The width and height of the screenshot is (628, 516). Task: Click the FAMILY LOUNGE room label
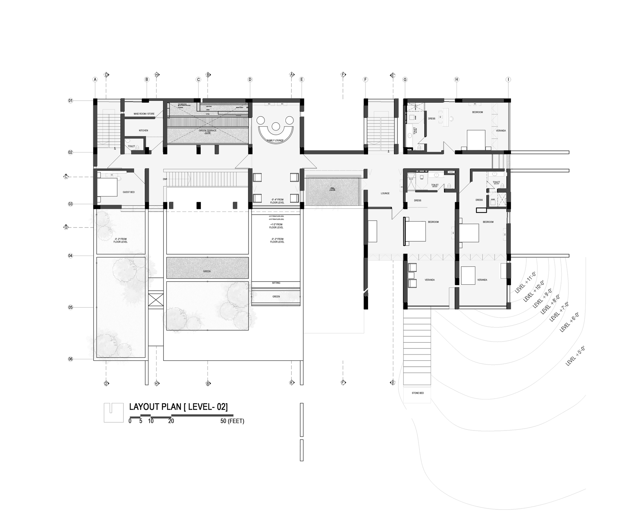pyautogui.click(x=275, y=140)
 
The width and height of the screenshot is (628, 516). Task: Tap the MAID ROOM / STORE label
pyautogui.click(x=144, y=114)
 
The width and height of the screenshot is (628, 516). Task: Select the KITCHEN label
pyautogui.click(x=143, y=130)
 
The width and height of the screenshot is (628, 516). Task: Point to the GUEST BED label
pyautogui.click(x=128, y=192)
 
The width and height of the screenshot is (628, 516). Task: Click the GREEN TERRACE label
pyautogui.click(x=208, y=130)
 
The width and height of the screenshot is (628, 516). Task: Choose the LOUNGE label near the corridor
pyautogui.click(x=385, y=193)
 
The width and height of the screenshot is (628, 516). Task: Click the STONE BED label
pyautogui.click(x=418, y=393)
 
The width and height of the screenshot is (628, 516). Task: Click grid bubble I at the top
pyautogui.click(x=508, y=80)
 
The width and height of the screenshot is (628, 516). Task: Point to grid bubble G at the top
pyautogui.click(x=405, y=80)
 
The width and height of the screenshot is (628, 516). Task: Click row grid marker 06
pyautogui.click(x=70, y=359)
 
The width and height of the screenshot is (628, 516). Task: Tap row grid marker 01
pyautogui.click(x=70, y=101)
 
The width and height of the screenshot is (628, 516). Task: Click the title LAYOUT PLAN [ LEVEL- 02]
pyautogui.click(x=178, y=407)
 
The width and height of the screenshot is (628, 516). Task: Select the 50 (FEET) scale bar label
pyautogui.click(x=232, y=421)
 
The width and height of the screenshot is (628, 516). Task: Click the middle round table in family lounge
pyautogui.click(x=276, y=126)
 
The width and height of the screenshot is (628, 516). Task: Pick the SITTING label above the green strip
pyautogui.click(x=276, y=283)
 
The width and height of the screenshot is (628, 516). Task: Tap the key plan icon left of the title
pyautogui.click(x=114, y=413)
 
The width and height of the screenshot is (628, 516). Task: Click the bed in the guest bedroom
pyautogui.click(x=107, y=187)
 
